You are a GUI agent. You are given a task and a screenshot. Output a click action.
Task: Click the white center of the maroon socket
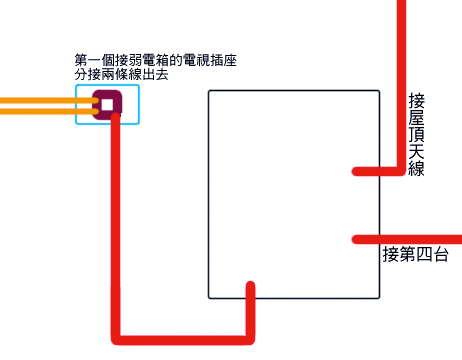point(107,104)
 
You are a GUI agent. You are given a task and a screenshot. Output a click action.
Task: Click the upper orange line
point(40,99)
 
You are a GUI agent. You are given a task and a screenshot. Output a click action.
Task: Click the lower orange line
point(40,110)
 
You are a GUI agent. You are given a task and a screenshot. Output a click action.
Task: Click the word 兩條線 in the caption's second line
point(127,74)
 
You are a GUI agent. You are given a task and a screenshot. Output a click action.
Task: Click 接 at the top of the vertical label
point(417,102)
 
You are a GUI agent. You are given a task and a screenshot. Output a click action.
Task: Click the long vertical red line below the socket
point(116,230)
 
